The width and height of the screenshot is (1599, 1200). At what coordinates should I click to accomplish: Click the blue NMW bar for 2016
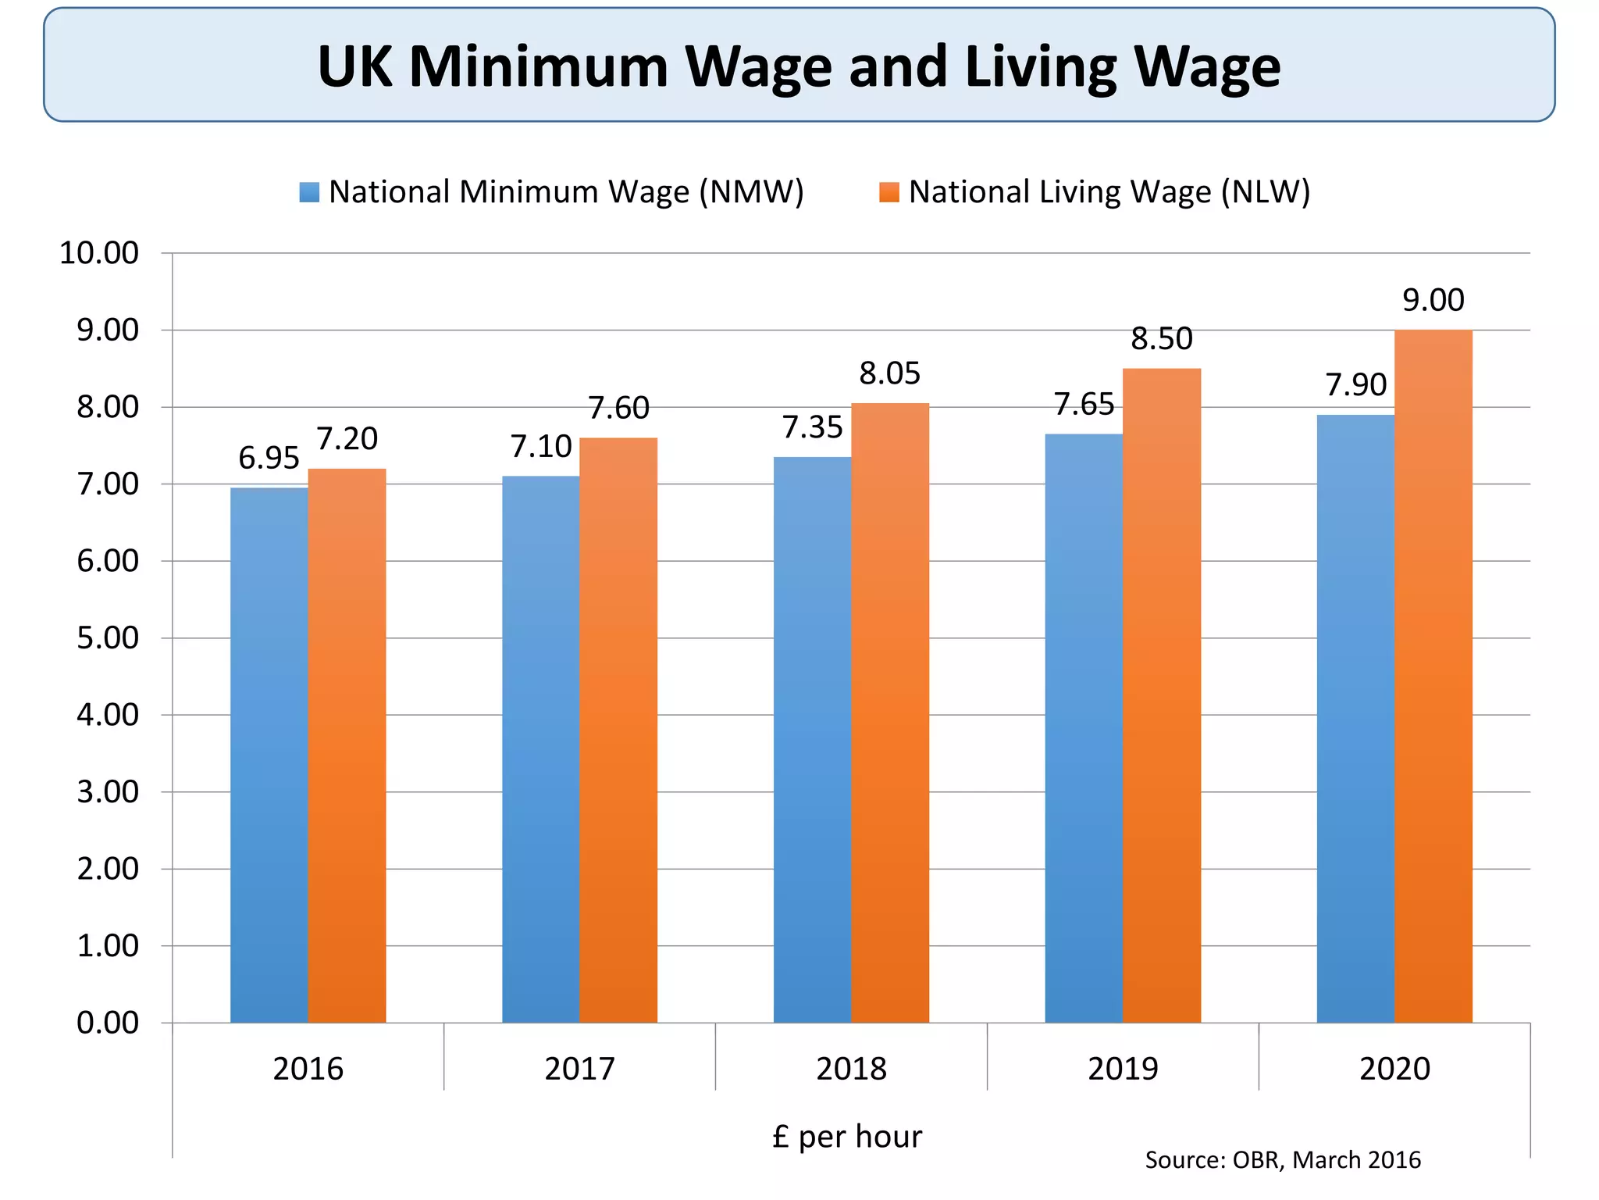pyautogui.click(x=269, y=755)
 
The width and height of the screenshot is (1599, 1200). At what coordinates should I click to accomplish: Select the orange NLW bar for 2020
pyautogui.click(x=1433, y=676)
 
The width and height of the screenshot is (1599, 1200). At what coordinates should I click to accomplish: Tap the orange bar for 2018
pyautogui.click(x=889, y=712)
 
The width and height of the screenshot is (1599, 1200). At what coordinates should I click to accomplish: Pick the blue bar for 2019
pyautogui.click(x=1084, y=728)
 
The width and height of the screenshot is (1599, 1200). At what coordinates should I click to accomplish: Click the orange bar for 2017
pyautogui.click(x=618, y=730)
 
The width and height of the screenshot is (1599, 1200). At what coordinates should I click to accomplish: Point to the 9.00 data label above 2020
pyautogui.click(x=1433, y=300)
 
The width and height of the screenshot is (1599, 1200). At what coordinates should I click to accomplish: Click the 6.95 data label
pyautogui.click(x=269, y=458)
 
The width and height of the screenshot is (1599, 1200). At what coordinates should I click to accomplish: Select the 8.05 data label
pyautogui.click(x=889, y=373)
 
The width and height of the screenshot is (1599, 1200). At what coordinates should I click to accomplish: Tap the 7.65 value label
pyautogui.click(x=1084, y=404)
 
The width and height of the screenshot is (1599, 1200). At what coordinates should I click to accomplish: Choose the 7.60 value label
pyautogui.click(x=618, y=408)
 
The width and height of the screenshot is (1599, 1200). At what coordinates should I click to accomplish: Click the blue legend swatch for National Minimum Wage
pyautogui.click(x=309, y=192)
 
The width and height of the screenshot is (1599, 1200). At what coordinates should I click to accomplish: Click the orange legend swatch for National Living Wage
pyautogui.click(x=889, y=192)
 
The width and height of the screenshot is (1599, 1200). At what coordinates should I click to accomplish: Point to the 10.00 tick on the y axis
pyautogui.click(x=99, y=253)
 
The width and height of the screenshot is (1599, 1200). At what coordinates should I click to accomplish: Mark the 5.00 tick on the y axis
pyautogui.click(x=107, y=638)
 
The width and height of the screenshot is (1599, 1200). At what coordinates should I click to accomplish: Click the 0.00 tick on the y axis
pyautogui.click(x=107, y=1023)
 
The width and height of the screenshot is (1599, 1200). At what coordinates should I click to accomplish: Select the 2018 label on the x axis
pyautogui.click(x=851, y=1069)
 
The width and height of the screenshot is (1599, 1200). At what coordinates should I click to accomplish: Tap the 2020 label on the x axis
pyautogui.click(x=1394, y=1069)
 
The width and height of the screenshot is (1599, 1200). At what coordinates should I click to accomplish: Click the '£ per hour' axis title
pyautogui.click(x=847, y=1137)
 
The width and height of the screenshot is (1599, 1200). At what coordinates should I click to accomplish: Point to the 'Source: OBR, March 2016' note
pyautogui.click(x=1282, y=1160)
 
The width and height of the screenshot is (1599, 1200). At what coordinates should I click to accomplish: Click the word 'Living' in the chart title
pyautogui.click(x=1041, y=67)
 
